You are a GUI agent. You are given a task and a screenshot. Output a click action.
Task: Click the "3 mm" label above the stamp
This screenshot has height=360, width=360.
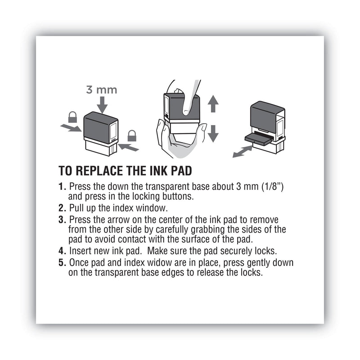(x=101, y=90)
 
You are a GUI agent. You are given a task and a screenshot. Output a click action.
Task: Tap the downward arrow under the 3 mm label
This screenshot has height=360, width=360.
(x=102, y=105)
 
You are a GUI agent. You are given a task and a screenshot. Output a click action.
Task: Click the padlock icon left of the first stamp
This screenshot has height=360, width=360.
(x=72, y=118)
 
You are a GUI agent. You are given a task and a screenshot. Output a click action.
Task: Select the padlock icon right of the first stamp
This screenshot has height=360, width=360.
(x=132, y=135)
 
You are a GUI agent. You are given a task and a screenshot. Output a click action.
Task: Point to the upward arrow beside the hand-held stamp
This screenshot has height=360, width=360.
(x=213, y=104)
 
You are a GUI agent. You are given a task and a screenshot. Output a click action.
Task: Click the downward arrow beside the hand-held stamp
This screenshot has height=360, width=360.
(x=213, y=133)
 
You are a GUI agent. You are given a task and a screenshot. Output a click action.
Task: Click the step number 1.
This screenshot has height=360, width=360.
(x=62, y=186)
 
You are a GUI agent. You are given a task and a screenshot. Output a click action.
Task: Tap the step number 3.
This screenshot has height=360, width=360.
(x=62, y=219)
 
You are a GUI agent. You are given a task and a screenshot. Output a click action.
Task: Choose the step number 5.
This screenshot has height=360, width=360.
(x=62, y=262)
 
